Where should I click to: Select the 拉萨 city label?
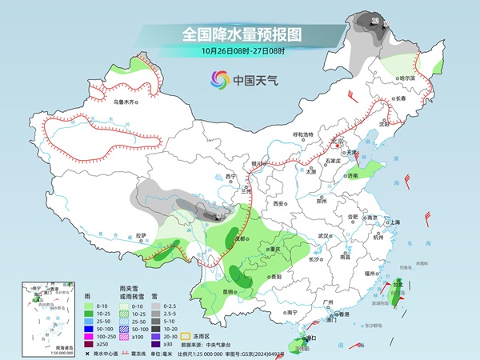point(142,235)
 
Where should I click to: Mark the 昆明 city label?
point(230,291)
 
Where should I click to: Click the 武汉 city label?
point(324,236)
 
